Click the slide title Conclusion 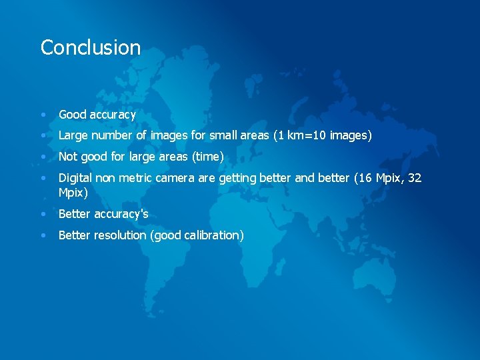91,47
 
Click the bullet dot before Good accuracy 43,115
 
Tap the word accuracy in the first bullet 113,115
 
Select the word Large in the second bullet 73,135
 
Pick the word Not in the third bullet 68,157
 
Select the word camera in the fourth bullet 176,178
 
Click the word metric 136,178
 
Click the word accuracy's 121,214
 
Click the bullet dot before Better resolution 43,235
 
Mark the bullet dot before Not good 43,157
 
